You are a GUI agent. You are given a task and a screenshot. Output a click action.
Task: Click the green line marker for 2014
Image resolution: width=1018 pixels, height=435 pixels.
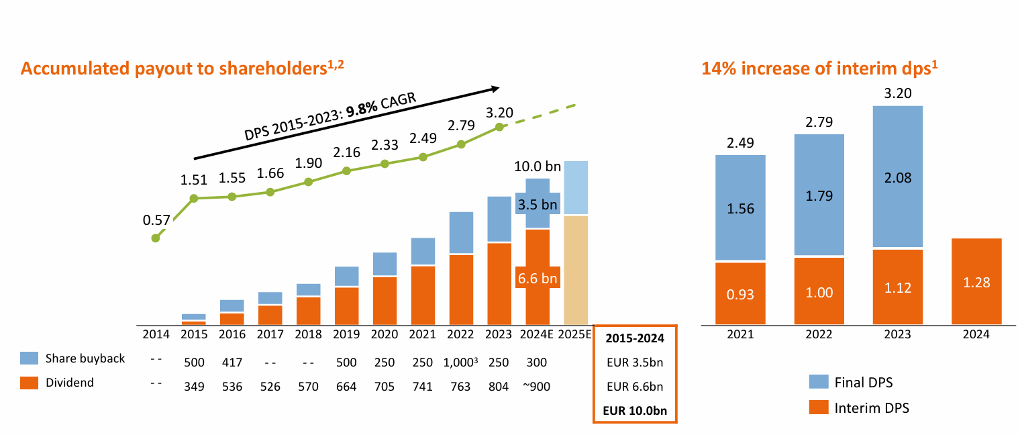point(156,238)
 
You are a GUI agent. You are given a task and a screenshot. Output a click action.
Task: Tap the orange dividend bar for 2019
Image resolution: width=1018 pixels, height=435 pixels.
point(346,306)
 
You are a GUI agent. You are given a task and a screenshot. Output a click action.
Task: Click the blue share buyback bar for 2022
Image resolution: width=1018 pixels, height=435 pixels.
point(461,232)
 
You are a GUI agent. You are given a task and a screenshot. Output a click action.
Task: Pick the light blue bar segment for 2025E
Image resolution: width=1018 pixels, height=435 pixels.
point(576,188)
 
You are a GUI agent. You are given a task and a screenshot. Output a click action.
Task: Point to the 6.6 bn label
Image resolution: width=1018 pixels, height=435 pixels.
point(537,277)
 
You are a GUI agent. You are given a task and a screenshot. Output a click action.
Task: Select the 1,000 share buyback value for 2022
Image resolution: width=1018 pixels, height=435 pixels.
point(459,362)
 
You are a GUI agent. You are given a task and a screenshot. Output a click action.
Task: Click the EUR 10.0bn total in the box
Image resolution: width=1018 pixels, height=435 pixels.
point(635,411)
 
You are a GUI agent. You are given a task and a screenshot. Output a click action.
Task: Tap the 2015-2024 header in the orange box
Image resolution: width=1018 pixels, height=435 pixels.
point(635,338)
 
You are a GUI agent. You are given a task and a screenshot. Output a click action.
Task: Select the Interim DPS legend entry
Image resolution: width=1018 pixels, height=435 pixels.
point(872,407)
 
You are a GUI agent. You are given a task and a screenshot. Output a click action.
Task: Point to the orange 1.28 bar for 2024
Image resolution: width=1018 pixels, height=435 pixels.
point(976,282)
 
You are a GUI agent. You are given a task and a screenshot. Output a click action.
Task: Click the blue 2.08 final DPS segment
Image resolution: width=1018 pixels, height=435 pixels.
point(897,177)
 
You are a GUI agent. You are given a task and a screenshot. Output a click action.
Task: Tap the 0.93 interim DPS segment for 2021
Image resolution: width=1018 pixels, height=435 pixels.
point(740,293)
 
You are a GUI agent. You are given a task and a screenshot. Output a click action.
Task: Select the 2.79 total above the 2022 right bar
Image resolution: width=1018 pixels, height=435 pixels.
point(819,122)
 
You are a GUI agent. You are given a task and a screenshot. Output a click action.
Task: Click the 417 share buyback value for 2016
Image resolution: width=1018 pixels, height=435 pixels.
point(232,362)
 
